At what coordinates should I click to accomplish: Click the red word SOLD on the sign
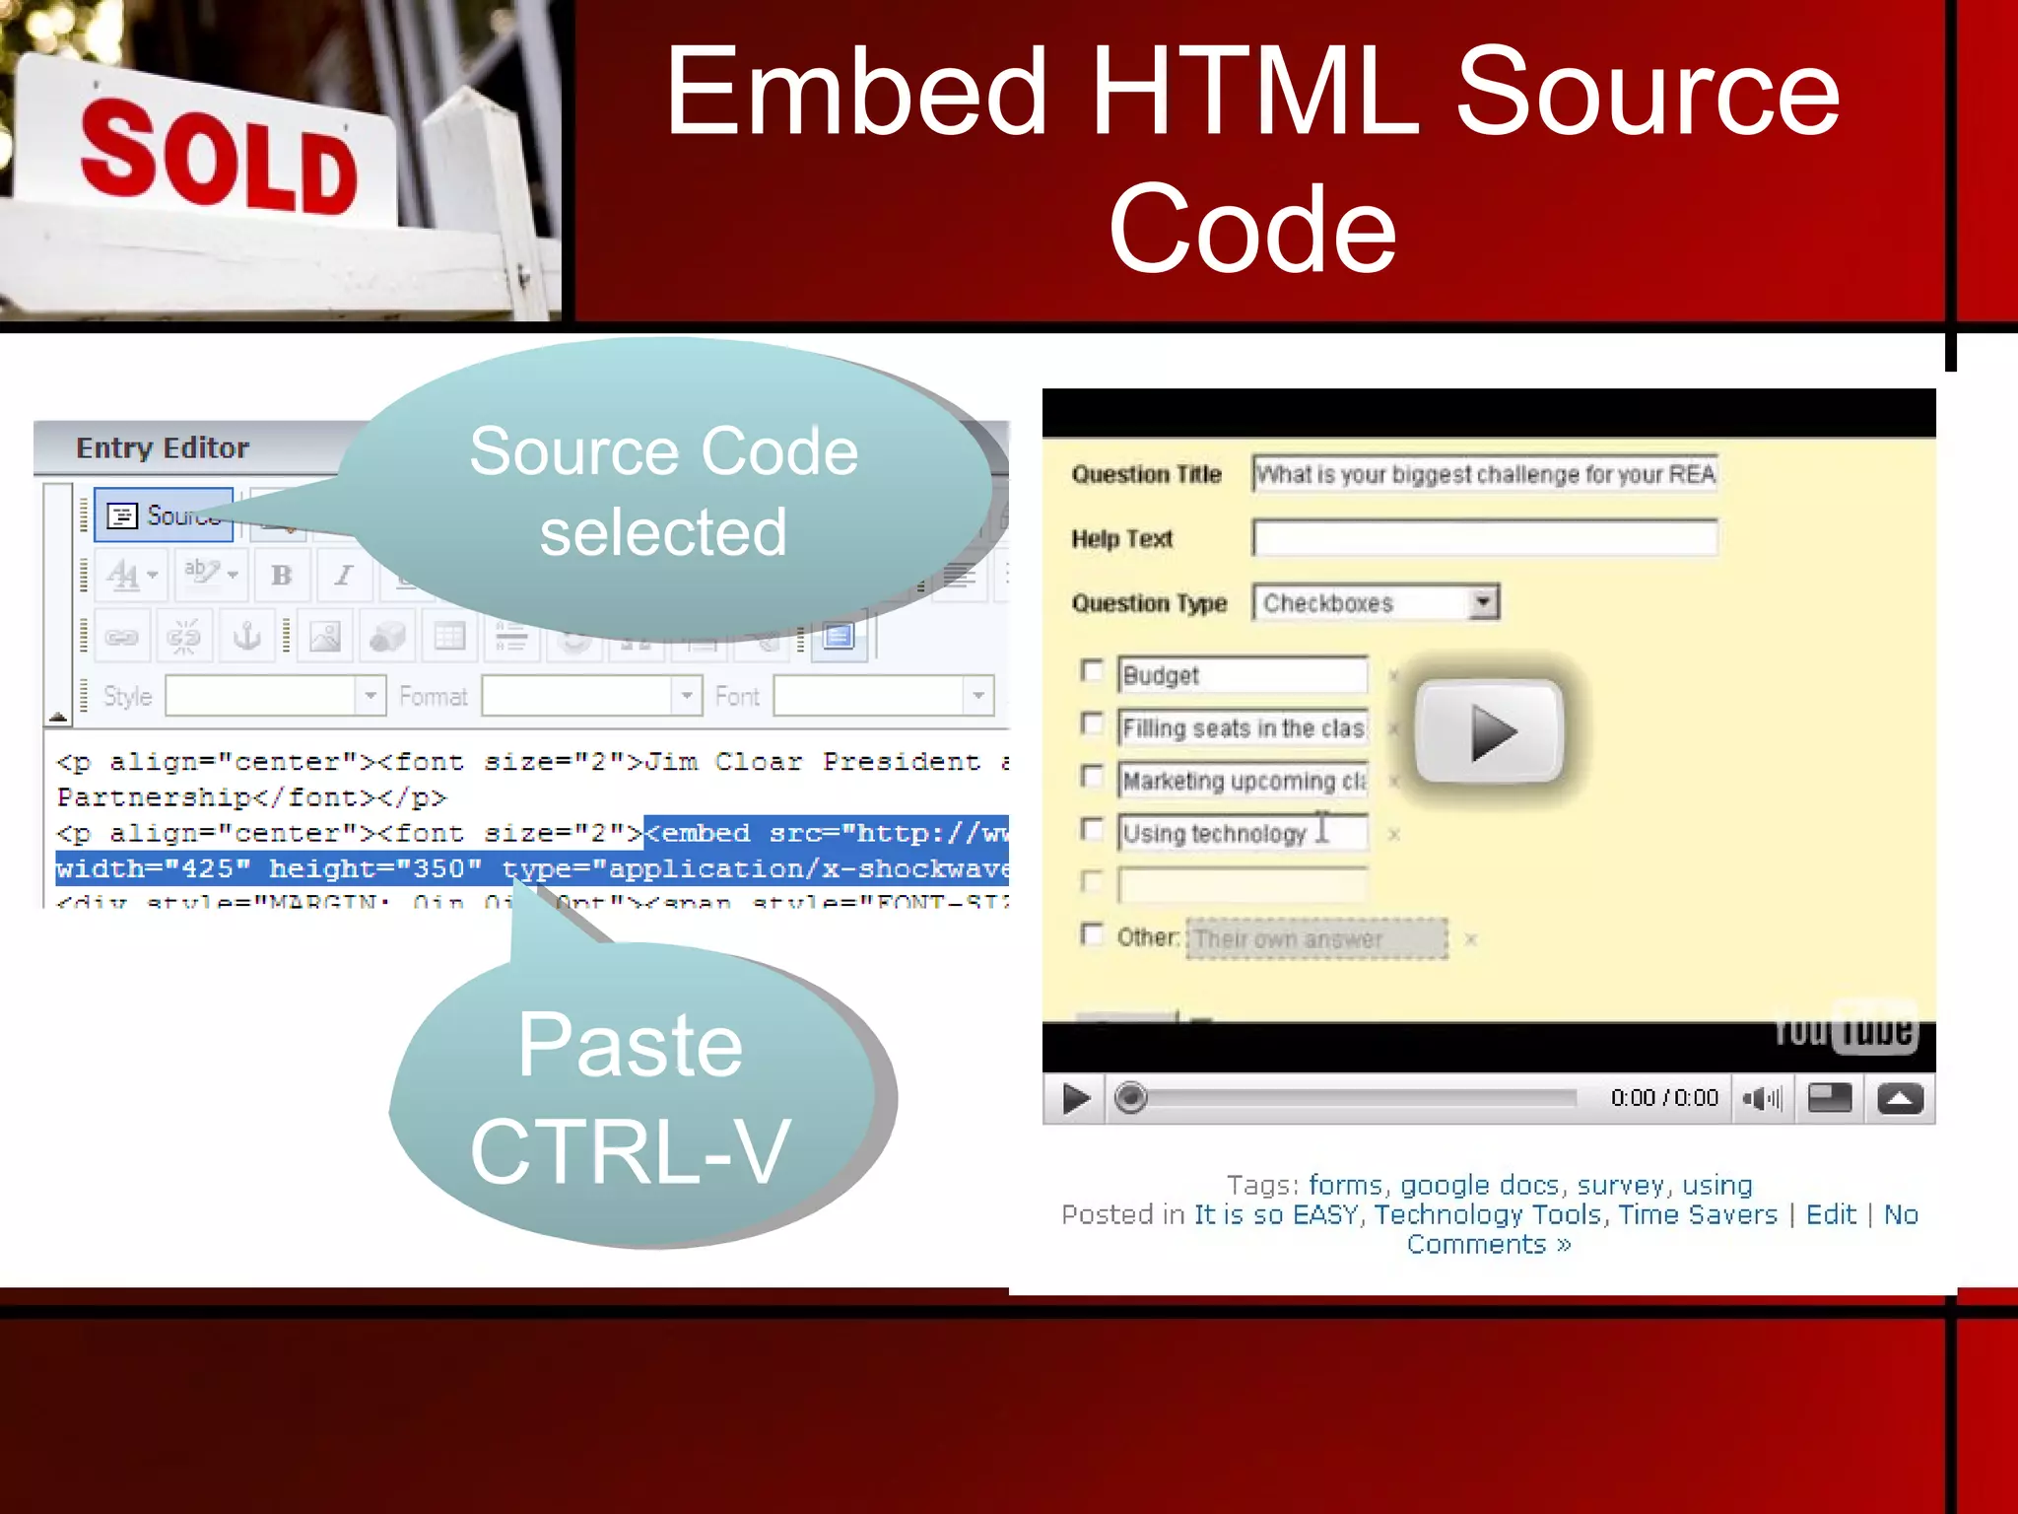coord(219,158)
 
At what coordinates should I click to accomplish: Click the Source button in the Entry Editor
coord(164,516)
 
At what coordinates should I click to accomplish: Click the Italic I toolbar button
coord(343,576)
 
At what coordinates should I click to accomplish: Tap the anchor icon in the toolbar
coord(246,637)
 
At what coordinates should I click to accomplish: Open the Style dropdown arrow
coord(370,696)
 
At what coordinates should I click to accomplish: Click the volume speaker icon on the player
coord(1761,1098)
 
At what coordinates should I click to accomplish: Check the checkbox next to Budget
coord(1092,672)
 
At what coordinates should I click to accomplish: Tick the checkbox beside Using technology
coord(1092,829)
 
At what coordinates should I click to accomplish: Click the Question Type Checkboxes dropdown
coord(1376,602)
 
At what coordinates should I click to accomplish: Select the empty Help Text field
coord(1484,538)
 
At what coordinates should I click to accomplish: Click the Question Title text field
coord(1484,474)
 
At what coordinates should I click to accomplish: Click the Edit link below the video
coord(1831,1214)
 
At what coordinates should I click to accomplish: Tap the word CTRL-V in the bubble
coord(630,1150)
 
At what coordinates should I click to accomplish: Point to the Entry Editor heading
coord(163,448)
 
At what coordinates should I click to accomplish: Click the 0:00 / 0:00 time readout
coord(1664,1098)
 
